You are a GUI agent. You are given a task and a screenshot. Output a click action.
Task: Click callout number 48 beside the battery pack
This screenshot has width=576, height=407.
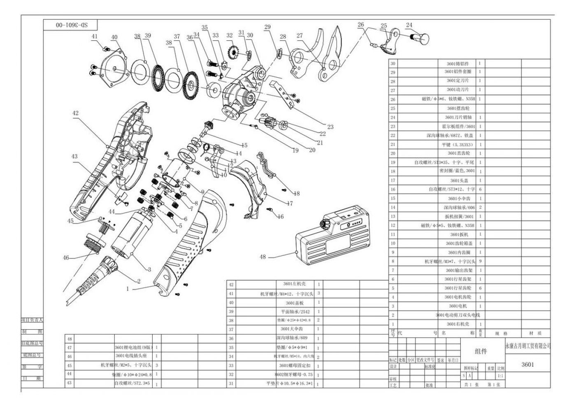pyautogui.click(x=263, y=257)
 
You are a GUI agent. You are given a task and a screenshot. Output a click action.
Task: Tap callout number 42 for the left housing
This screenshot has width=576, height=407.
pyautogui.click(x=75, y=113)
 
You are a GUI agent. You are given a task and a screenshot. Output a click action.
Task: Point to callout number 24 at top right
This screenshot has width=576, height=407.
pyautogui.click(x=409, y=25)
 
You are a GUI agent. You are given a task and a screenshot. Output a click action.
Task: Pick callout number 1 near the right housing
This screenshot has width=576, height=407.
pyautogui.click(x=128, y=289)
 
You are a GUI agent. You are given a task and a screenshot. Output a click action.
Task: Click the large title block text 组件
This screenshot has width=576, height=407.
pyautogui.click(x=481, y=351)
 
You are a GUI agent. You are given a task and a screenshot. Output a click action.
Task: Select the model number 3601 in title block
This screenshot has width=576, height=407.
pyautogui.click(x=527, y=364)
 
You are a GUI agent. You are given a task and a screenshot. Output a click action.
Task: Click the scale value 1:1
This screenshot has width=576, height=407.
pyautogui.click(x=500, y=376)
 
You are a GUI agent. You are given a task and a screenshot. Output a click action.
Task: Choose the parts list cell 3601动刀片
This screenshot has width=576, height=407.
pyautogui.click(x=458, y=90)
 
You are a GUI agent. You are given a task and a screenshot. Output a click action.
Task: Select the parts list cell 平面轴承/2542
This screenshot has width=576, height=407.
pyautogui.click(x=295, y=312)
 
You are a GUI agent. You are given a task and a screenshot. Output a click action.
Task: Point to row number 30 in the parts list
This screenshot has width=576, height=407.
pyautogui.click(x=393, y=64)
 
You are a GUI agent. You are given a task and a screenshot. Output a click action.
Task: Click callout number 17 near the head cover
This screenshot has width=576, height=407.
pyautogui.click(x=290, y=203)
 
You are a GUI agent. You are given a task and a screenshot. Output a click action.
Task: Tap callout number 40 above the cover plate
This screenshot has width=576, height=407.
pyautogui.click(x=114, y=37)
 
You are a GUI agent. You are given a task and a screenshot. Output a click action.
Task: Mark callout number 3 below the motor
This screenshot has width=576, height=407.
pyautogui.click(x=149, y=270)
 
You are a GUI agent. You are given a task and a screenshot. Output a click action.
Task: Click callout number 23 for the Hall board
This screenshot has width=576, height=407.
pyautogui.click(x=330, y=127)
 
